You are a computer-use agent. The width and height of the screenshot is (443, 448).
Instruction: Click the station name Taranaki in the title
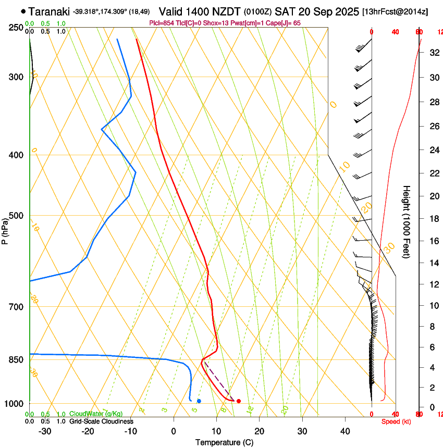[49, 11]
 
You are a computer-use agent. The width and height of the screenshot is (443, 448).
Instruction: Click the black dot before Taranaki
[23, 11]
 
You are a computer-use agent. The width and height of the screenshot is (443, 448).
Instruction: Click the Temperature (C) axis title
[224, 443]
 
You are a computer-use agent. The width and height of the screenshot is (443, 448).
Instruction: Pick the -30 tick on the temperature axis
[45, 431]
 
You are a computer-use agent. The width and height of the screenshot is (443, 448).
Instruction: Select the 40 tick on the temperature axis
[344, 431]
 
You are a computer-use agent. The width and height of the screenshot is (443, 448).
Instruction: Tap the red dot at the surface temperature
[238, 401]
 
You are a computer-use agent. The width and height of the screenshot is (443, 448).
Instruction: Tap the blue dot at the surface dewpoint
[199, 401]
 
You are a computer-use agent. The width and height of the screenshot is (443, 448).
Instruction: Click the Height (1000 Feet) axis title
[407, 222]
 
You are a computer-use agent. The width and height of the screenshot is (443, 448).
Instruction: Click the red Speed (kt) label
[396, 421]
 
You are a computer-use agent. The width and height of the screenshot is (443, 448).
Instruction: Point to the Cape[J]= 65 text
[284, 23]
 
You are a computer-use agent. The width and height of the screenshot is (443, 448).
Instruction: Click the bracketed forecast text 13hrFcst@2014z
[395, 11]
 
